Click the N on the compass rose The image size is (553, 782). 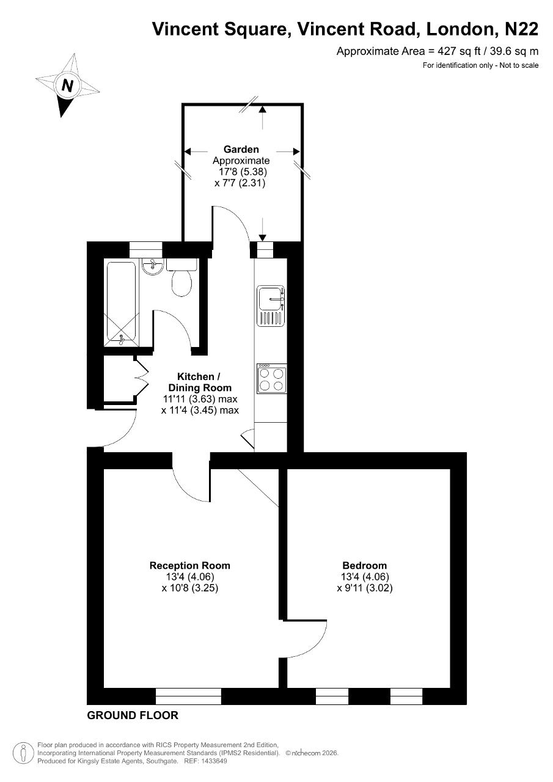[x=67, y=85]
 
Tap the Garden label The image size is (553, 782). [x=241, y=150]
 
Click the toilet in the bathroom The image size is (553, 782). [x=181, y=277]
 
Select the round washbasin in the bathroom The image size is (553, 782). [x=153, y=267]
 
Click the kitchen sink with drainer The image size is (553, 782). [x=271, y=306]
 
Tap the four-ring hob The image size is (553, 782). [x=272, y=379]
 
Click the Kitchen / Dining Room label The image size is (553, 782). [x=199, y=382]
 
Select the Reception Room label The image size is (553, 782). [x=190, y=566]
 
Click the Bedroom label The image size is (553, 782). [x=364, y=566]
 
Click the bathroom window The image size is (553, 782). [x=146, y=250]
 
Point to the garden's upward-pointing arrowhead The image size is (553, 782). [x=263, y=109]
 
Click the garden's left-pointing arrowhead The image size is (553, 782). [x=188, y=152]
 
